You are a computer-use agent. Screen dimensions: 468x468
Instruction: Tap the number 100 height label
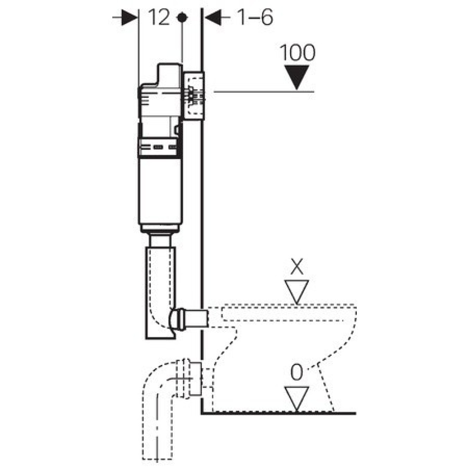pos(297,53)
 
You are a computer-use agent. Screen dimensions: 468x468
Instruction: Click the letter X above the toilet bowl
pos(297,266)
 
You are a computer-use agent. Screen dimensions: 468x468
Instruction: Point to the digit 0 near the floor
pos(297,373)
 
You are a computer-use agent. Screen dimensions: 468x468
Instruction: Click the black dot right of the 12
pos(182,17)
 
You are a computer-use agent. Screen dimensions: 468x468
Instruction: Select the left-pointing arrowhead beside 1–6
pos(213,18)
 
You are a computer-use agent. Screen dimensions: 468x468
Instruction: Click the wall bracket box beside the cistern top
pos(194,96)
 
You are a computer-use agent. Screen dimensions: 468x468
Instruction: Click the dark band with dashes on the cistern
pos(160,147)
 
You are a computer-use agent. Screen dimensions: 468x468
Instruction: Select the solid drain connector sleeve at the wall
pos(196,380)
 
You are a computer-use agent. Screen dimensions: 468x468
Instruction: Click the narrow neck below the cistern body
pos(160,240)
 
